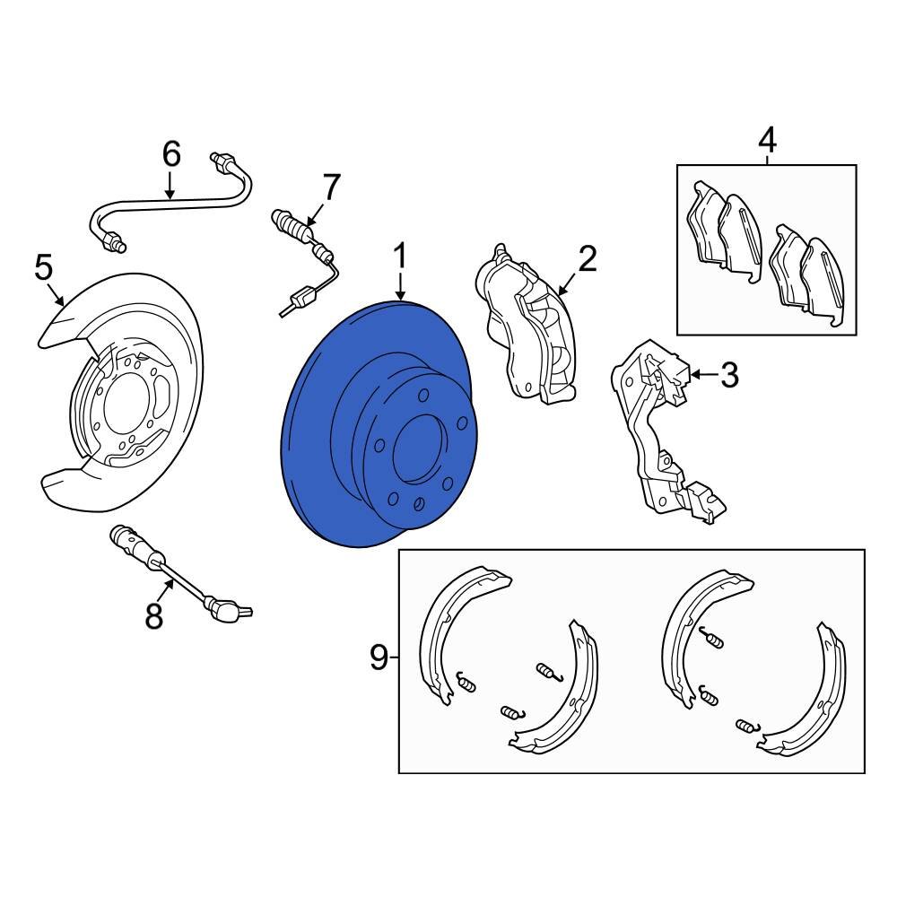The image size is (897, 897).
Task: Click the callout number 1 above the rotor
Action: click(x=400, y=256)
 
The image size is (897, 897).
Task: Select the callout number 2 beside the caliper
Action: click(x=587, y=258)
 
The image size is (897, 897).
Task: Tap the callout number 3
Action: click(x=728, y=375)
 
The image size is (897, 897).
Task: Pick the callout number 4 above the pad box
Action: click(x=767, y=140)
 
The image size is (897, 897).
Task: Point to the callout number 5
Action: click(x=43, y=267)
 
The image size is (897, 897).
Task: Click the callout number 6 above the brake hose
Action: click(x=171, y=154)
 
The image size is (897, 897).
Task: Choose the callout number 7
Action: click(x=331, y=187)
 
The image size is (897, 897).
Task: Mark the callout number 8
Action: click(x=154, y=616)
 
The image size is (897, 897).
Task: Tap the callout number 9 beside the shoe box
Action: click(x=379, y=658)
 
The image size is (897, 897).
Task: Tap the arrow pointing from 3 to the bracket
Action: click(x=703, y=375)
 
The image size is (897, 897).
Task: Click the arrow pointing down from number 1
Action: click(x=400, y=286)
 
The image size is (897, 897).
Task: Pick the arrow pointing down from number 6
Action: click(x=170, y=186)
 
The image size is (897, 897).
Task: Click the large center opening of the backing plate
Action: click(x=126, y=407)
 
